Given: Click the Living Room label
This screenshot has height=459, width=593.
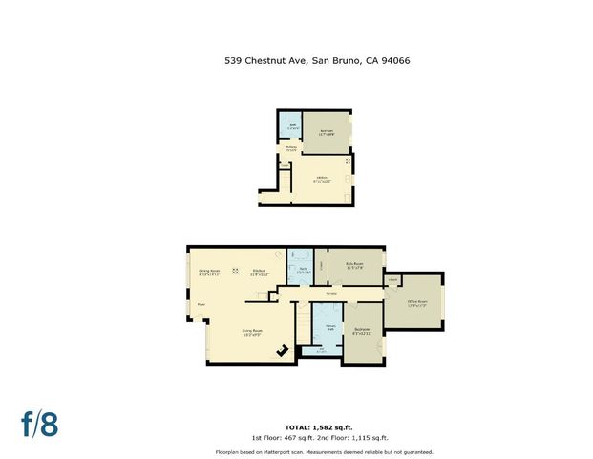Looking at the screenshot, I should (253, 333).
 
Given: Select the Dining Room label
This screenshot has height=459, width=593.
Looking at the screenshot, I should (209, 272).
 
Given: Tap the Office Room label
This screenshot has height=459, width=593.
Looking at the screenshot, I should (416, 302).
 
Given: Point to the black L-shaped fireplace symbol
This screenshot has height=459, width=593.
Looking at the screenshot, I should (282, 351).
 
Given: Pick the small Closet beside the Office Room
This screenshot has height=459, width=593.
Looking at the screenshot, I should (392, 280).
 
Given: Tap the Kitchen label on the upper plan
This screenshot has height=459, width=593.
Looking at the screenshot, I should (321, 178).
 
